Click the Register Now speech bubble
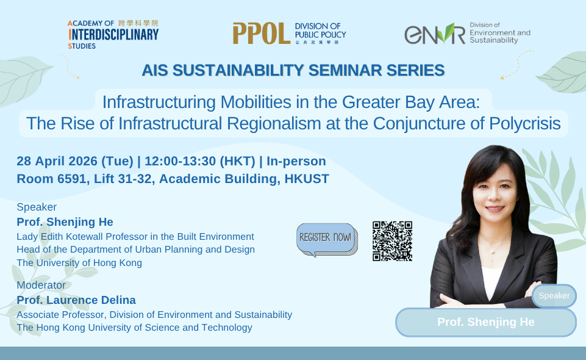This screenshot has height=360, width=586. (x=327, y=238)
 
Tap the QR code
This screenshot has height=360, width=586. (x=392, y=241)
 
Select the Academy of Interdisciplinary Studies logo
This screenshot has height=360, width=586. (x=113, y=34)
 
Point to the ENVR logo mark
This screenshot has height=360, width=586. (x=434, y=34)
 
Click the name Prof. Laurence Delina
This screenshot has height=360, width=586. (x=76, y=300)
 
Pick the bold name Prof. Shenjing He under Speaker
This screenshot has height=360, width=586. (x=65, y=221)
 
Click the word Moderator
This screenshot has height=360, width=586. (x=41, y=285)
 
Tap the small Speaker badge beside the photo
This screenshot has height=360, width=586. (x=554, y=296)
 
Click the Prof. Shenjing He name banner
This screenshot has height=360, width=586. (x=485, y=322)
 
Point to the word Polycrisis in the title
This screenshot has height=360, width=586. (x=525, y=124)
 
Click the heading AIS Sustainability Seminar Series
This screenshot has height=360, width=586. (x=293, y=71)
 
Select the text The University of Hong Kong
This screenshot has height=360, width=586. (x=79, y=263)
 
